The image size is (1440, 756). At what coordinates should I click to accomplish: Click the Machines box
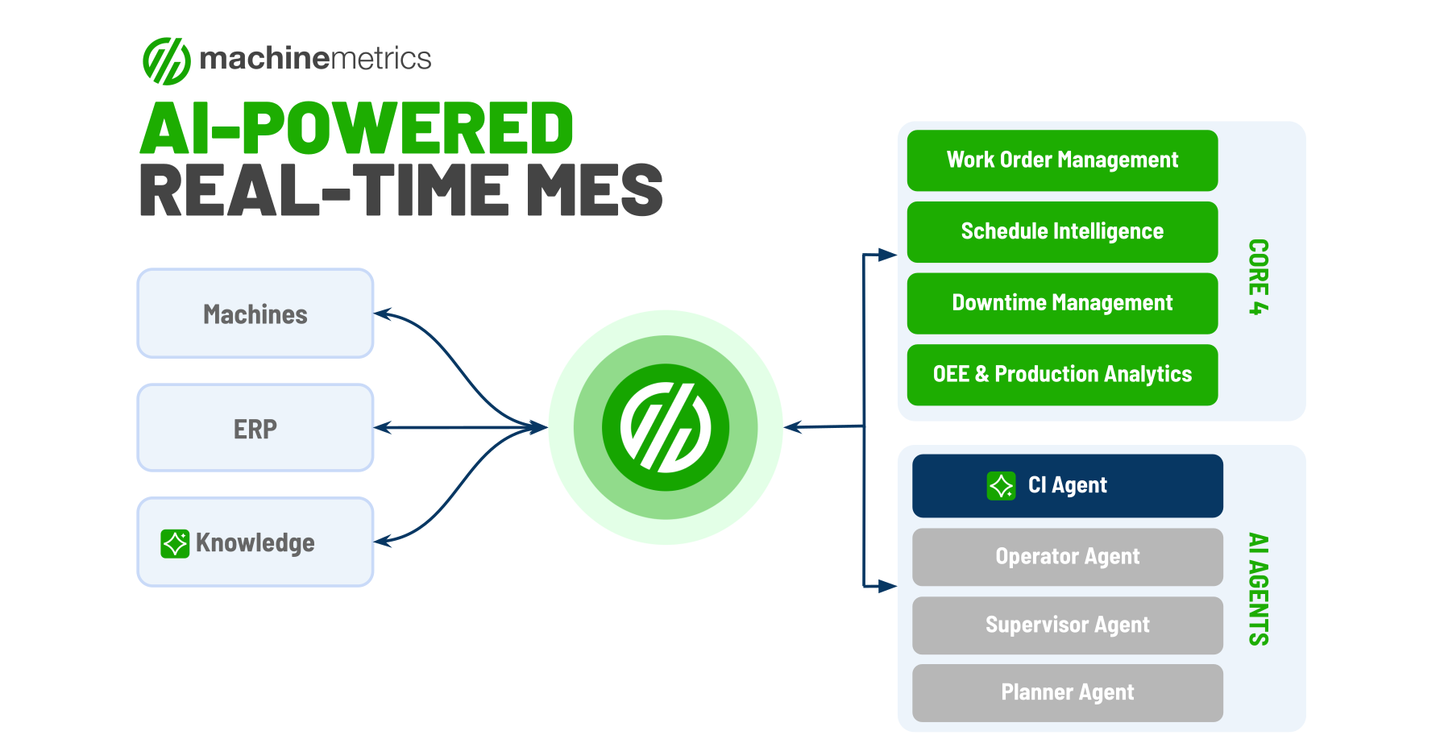pos(255,314)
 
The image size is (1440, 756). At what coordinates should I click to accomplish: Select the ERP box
pos(255,428)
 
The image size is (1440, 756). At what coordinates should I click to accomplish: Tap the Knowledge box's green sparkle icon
pos(175,543)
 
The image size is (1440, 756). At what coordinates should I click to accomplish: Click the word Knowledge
pos(255,543)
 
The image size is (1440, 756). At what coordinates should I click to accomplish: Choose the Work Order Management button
pos(1061,160)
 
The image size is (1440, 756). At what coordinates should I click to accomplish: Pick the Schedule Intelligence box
pos(1061,232)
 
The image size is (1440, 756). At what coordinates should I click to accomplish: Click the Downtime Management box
pos(1061,303)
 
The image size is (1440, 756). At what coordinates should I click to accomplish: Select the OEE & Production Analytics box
pos(1061,375)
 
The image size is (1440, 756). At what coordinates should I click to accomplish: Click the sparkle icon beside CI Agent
pos(1001,486)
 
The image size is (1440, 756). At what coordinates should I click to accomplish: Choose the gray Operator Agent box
pos(1067,557)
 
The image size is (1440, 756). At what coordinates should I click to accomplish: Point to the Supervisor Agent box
pos(1067,625)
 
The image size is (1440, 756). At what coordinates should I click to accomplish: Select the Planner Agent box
pos(1067,693)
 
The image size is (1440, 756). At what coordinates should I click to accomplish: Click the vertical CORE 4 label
pos(1258,276)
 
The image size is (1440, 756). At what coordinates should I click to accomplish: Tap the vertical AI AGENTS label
pos(1258,589)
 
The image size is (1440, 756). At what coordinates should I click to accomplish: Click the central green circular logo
pos(666,427)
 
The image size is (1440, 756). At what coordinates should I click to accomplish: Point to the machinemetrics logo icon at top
pos(167,60)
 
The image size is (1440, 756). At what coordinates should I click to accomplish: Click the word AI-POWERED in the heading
pos(356,129)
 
